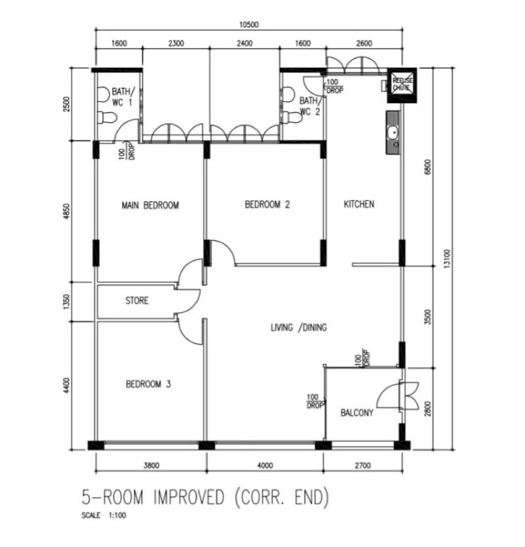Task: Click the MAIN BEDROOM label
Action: pos(150,206)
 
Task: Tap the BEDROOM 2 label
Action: pos(267,205)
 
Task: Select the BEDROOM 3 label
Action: pos(148,384)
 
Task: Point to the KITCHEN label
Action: pos(359,204)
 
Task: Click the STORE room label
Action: pos(136,301)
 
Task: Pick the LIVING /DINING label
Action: pos(299,328)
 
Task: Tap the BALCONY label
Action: pos(357,413)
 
